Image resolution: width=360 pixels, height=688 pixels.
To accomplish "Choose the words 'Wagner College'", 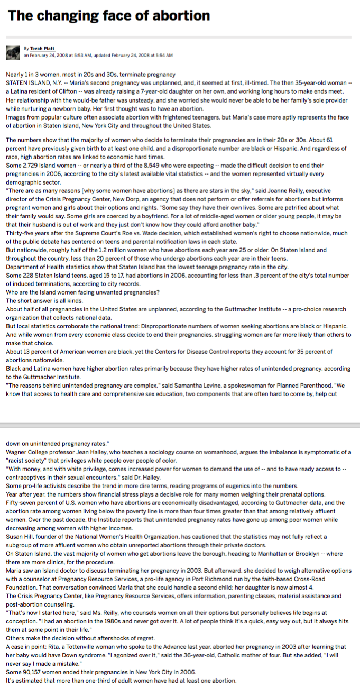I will click(27, 452).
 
